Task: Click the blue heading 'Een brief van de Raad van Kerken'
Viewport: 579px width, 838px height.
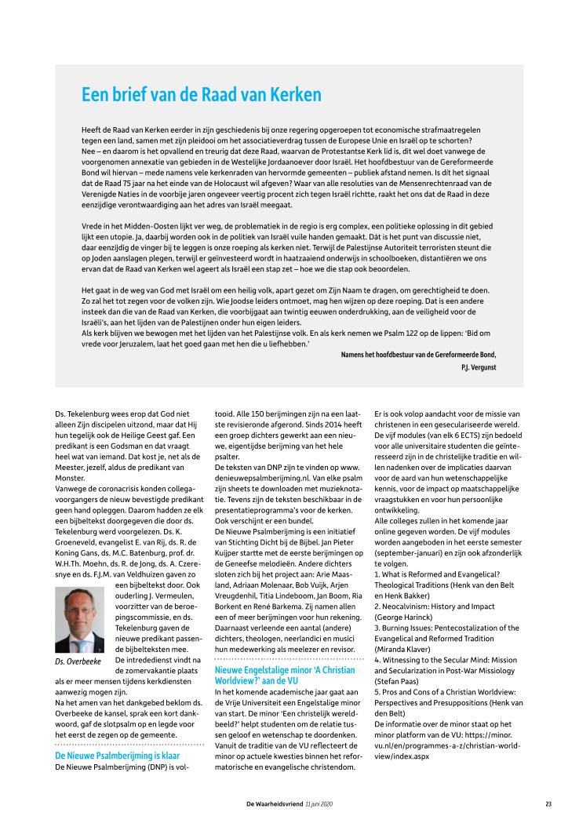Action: (x=191, y=96)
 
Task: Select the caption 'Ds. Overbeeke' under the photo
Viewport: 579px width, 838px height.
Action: (x=78, y=663)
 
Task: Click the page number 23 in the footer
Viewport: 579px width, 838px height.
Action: (x=548, y=803)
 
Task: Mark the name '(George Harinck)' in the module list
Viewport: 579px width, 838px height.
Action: (x=410, y=618)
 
